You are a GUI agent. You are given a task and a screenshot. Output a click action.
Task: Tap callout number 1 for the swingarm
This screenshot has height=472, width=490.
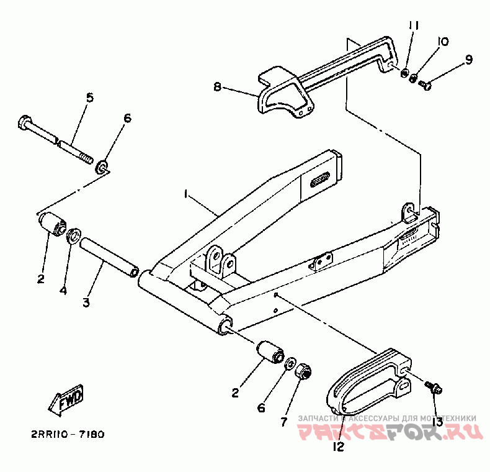185,194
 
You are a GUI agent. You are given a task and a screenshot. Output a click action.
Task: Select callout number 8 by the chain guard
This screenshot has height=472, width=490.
218,88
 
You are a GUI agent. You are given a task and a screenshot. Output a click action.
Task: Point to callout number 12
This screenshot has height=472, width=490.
339,445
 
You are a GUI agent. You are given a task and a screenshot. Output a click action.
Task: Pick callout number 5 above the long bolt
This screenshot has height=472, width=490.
89,98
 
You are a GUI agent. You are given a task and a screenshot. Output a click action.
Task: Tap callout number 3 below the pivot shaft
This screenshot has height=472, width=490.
86,302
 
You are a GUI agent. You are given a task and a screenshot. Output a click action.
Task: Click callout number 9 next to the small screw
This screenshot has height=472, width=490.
468,60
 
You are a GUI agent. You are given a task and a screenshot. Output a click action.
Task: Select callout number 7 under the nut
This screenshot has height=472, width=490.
283,422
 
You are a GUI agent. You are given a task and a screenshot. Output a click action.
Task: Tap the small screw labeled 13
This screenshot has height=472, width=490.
432,387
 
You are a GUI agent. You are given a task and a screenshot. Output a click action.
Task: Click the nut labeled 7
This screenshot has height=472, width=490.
303,373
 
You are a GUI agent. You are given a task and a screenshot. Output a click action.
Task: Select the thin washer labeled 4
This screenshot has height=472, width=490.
73,235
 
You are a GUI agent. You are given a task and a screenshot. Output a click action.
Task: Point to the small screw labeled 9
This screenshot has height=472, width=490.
424,84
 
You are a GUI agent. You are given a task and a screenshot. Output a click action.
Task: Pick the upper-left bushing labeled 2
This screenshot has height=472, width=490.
52,224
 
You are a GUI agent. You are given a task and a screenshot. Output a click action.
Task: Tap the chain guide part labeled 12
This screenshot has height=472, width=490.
366,382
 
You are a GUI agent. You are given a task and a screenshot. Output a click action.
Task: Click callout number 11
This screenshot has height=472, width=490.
414,25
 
